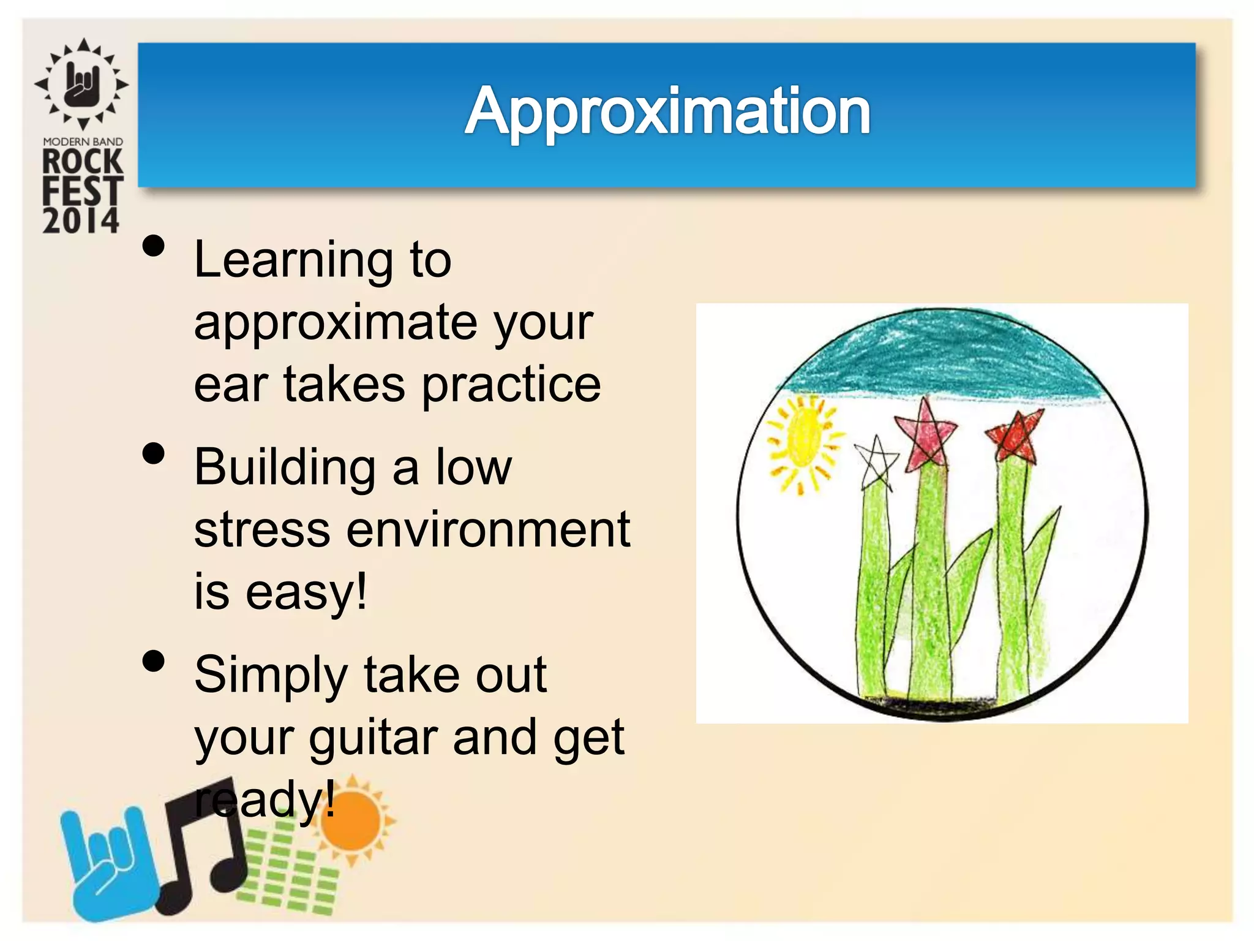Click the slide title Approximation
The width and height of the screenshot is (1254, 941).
[x=667, y=111]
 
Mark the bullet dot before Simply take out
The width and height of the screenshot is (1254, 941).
[x=153, y=661]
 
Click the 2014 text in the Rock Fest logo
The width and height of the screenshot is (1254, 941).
[x=81, y=221]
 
